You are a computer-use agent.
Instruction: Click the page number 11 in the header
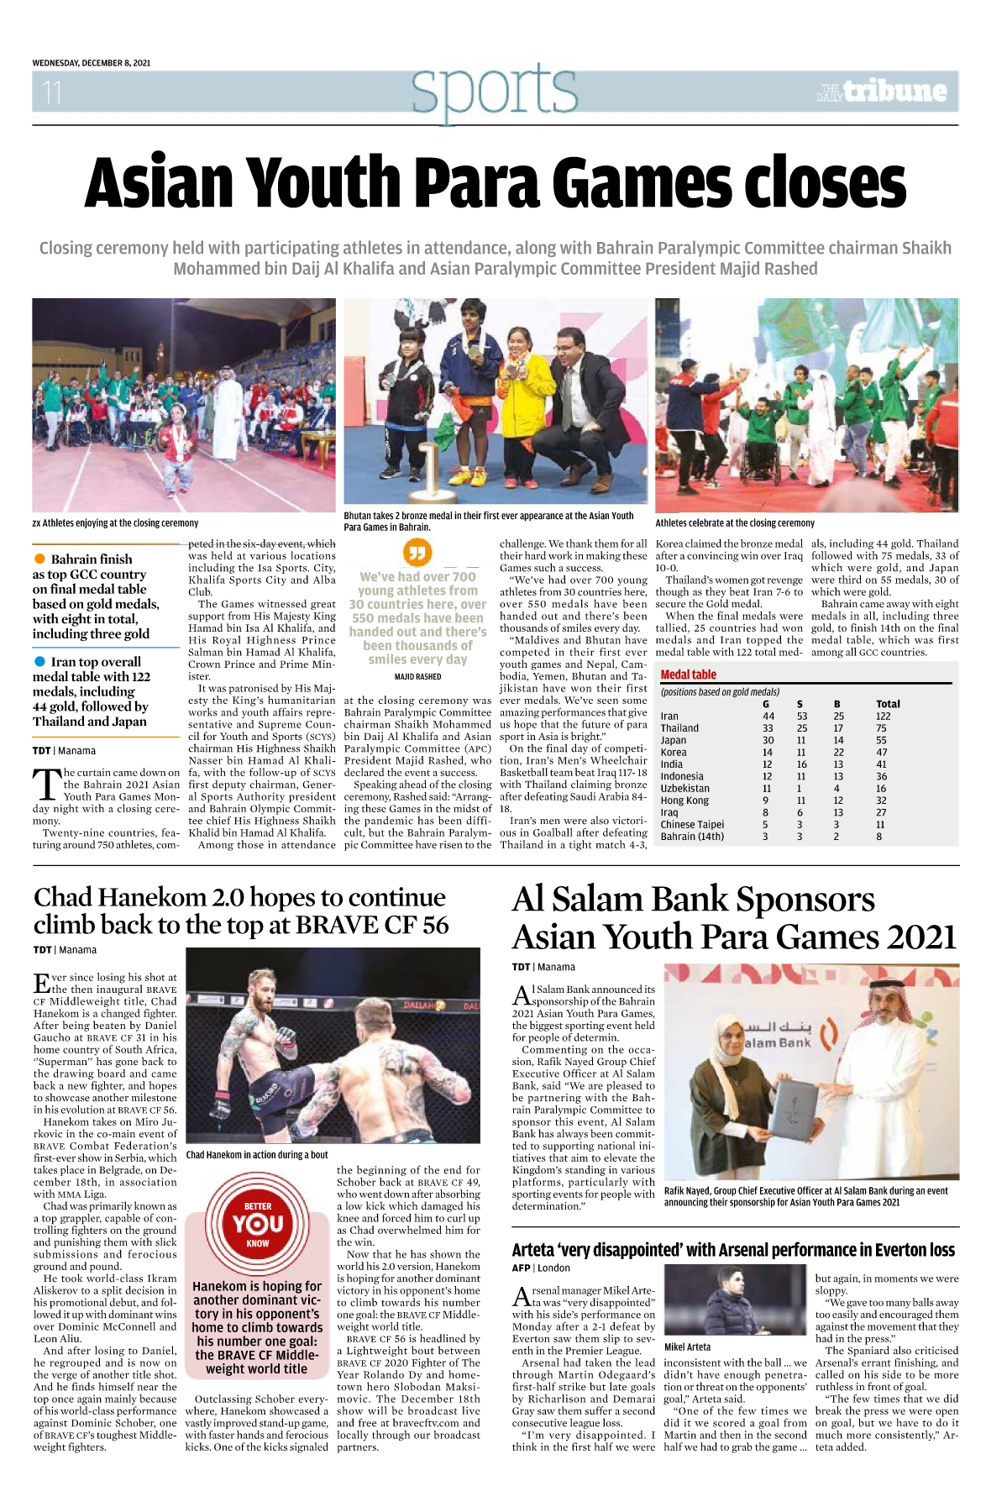coord(52,92)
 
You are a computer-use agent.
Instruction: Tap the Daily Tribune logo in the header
coord(882,91)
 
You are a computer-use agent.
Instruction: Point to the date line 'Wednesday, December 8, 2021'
coord(92,63)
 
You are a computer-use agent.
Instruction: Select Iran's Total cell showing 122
coord(883,717)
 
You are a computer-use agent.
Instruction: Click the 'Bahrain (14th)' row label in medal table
coord(692,837)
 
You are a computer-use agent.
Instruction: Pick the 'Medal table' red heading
coord(689,675)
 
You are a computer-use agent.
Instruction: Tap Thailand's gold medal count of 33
coord(768,728)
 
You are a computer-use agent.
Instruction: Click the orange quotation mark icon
coord(417,553)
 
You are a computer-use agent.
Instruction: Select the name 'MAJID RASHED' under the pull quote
coord(417,677)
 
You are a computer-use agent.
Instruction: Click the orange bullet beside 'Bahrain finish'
coord(39,559)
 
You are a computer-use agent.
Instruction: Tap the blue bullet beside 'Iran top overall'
coord(39,662)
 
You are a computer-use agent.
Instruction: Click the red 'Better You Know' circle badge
coord(258,1224)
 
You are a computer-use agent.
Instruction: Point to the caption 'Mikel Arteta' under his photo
coord(687,1347)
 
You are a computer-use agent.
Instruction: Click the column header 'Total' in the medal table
coord(888,704)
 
